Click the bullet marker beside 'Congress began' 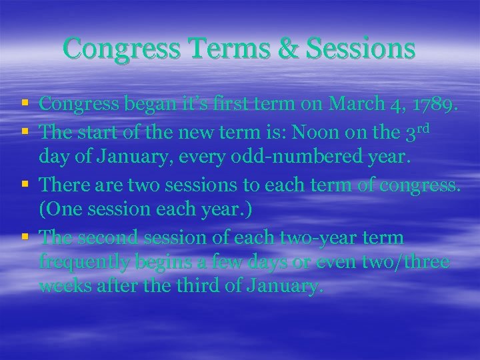point(25,104)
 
